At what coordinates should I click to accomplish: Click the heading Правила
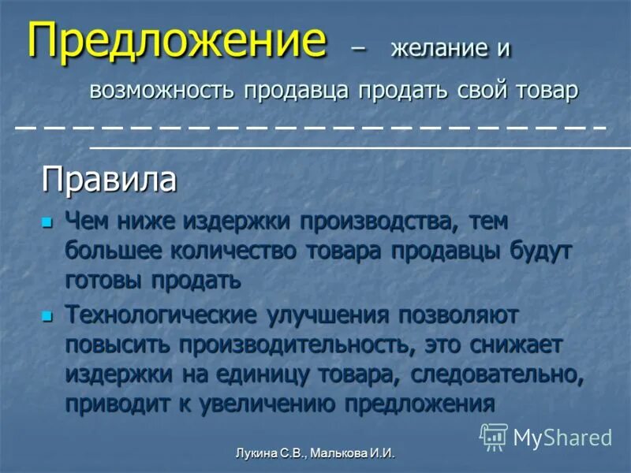pyautogui.click(x=109, y=180)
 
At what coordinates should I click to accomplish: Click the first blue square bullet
pyautogui.click(x=47, y=223)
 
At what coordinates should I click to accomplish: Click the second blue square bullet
pyautogui.click(x=47, y=317)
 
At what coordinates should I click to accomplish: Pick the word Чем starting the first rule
pyautogui.click(x=89, y=223)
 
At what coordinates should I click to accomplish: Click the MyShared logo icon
pyautogui.click(x=494, y=436)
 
